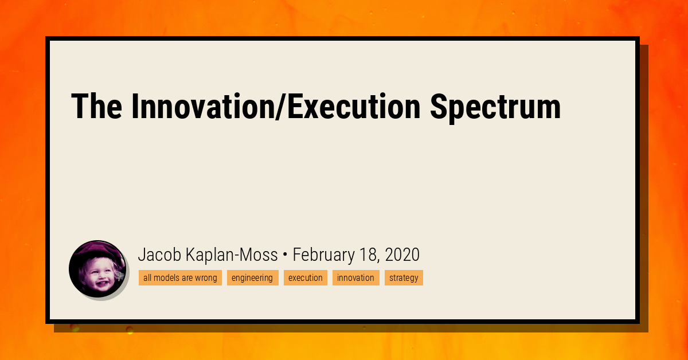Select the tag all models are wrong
[x=180, y=278]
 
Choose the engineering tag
[x=252, y=278]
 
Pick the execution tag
[x=305, y=278]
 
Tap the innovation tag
[x=355, y=278]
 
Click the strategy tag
[x=404, y=278]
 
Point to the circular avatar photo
[x=97, y=268]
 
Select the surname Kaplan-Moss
[x=232, y=255]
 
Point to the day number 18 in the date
[x=368, y=255]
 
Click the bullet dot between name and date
[x=285, y=255]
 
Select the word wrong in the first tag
[x=206, y=278]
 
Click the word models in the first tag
[x=167, y=278]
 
